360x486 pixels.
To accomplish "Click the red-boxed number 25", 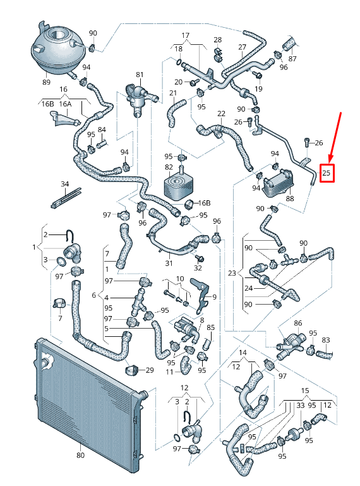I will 327,172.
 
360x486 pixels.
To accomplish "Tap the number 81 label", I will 140,75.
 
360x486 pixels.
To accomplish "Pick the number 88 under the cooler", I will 290,199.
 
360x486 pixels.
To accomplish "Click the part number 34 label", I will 64,184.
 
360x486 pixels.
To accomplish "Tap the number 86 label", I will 298,324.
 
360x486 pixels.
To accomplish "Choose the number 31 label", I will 168,263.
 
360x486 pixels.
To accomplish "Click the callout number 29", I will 150,370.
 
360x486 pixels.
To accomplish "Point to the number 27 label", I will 242,47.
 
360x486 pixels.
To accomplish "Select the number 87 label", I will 292,59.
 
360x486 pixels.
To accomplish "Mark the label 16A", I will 66,104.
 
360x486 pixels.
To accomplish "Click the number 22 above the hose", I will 221,114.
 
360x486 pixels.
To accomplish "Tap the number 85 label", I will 211,327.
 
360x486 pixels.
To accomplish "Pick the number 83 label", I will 326,340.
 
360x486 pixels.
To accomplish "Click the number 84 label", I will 102,130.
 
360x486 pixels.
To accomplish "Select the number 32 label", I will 198,268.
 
